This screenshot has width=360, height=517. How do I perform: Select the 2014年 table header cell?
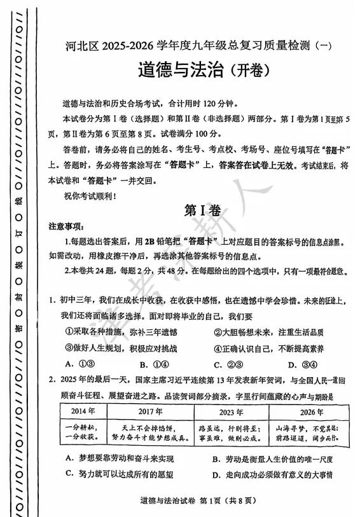coord(83,411)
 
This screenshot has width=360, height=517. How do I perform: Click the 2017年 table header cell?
coord(148,411)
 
